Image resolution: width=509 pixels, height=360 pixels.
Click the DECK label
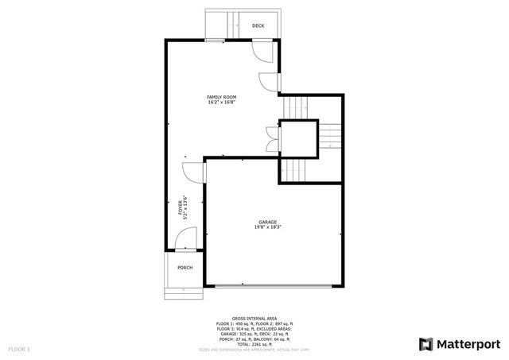point(258,26)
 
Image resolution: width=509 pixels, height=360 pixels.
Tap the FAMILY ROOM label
point(222,97)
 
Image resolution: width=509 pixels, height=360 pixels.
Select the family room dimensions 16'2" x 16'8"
point(222,103)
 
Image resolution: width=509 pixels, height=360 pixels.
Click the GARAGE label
point(267,222)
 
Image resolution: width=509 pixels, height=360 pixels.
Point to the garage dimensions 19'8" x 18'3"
point(267,227)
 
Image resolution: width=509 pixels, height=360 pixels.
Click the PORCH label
point(185,268)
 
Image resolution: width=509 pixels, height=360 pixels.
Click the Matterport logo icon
point(426,344)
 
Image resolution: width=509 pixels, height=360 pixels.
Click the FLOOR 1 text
point(19,349)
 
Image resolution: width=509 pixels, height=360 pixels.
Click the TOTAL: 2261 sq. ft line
point(254,344)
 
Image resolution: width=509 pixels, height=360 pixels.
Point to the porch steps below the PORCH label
point(185,292)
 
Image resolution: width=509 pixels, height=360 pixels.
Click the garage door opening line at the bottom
point(275,285)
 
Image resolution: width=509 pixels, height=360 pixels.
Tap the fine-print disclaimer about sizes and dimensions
point(254,349)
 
